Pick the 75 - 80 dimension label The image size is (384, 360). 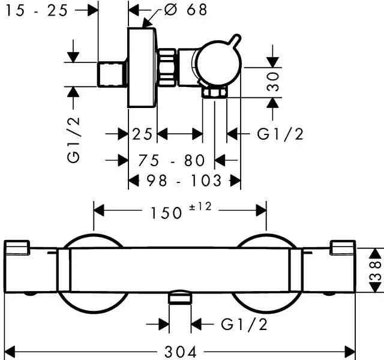[171, 160]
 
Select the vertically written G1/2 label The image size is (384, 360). [74, 140]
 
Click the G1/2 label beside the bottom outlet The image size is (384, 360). [244, 325]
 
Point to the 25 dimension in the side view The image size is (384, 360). [143, 134]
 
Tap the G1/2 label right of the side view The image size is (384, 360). [280, 134]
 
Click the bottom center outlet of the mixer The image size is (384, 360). [179, 298]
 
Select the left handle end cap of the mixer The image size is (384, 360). [17, 247]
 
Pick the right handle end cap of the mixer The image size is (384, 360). [342, 247]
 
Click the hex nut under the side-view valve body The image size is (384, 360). [215, 92]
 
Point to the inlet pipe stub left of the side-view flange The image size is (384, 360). [112, 73]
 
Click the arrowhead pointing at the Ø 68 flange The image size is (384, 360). [146, 24]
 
